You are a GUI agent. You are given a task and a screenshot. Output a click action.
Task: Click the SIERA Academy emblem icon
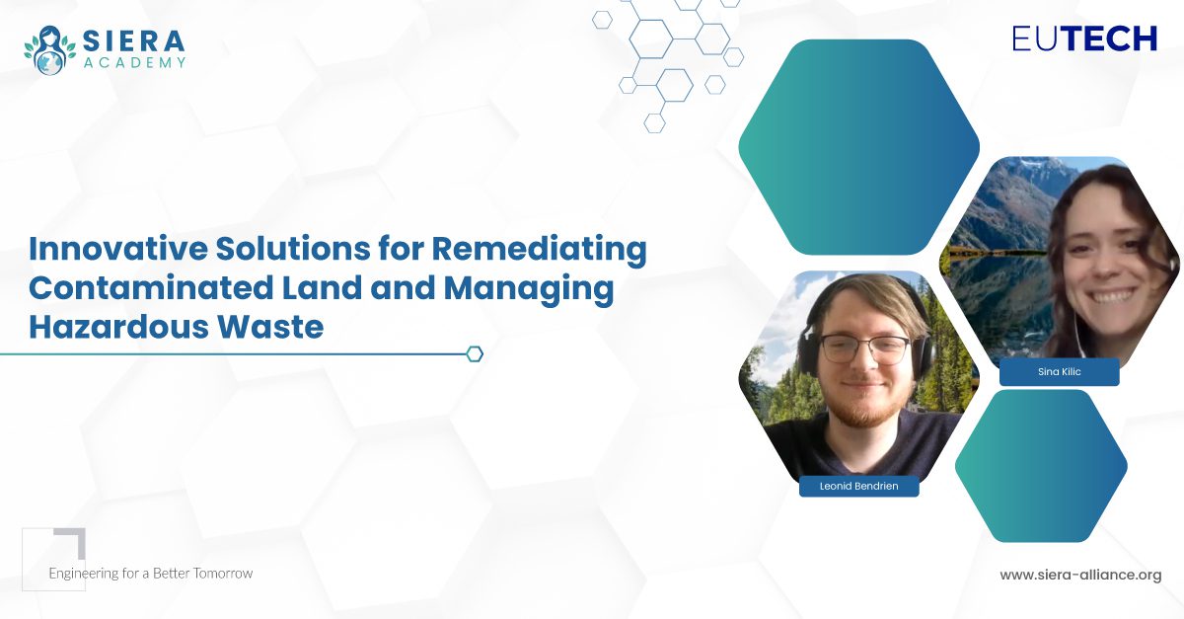(x=49, y=50)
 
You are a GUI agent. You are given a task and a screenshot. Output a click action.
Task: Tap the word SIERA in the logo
(x=134, y=41)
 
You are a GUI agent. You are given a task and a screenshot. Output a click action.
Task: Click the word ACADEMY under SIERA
(x=135, y=63)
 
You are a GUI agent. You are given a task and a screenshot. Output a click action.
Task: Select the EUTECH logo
(x=1084, y=39)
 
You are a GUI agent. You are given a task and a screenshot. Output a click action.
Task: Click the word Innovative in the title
(x=118, y=248)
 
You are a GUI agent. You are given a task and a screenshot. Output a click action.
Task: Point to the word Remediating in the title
(x=539, y=250)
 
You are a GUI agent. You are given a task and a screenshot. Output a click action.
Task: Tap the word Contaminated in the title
(x=151, y=287)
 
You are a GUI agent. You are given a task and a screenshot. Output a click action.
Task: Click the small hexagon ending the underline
(x=475, y=354)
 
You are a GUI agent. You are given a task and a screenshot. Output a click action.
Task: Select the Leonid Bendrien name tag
(x=859, y=486)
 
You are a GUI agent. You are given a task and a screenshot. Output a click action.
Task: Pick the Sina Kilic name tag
(x=1060, y=372)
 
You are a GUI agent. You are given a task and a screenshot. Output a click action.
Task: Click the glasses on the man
(x=863, y=349)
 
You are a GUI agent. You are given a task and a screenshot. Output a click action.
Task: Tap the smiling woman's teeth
(x=1113, y=295)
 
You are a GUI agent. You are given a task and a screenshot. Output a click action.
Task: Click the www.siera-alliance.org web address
(x=1080, y=575)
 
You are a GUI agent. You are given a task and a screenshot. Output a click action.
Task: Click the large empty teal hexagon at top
(x=859, y=147)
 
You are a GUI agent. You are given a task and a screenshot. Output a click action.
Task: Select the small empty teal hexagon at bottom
(x=1041, y=466)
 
